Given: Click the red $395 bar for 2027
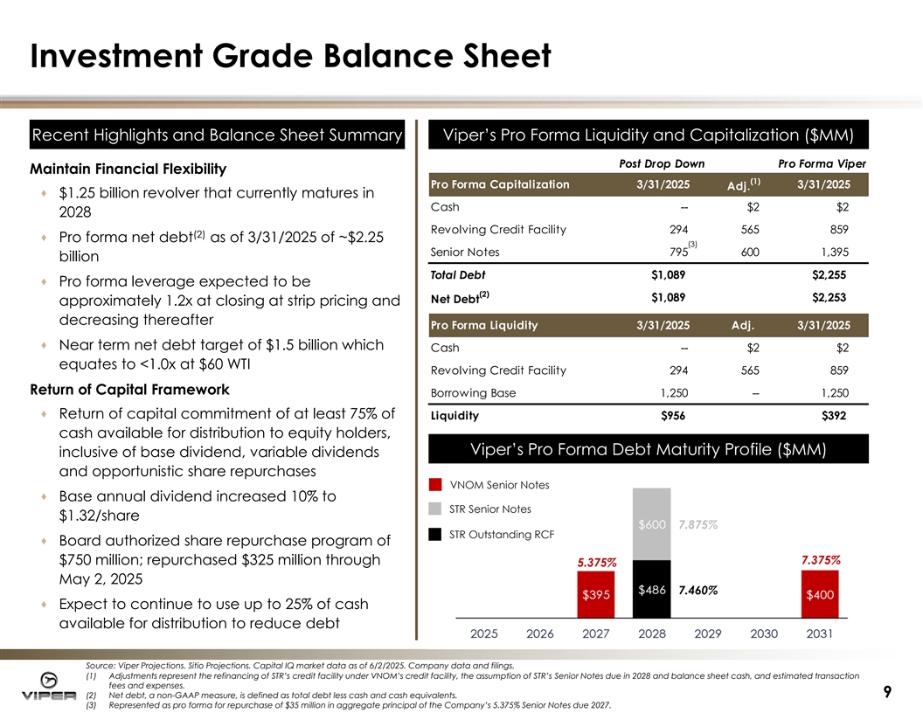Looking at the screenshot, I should [597, 595].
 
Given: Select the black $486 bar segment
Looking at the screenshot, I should [653, 591].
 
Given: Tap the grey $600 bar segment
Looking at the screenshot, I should [653, 524].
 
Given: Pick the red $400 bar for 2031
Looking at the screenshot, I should [819, 595].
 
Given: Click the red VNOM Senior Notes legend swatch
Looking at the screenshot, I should [435, 485].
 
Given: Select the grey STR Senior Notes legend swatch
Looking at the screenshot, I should [435, 509].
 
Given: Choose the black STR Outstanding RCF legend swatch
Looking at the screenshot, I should [435, 534].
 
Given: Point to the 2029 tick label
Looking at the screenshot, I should [708, 633].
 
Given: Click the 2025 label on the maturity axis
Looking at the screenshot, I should [485, 633].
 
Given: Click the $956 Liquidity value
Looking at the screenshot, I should [673, 417].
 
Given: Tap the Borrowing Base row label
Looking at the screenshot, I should [473, 393].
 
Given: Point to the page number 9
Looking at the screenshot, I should [887, 692].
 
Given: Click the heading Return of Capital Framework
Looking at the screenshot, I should [130, 390].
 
